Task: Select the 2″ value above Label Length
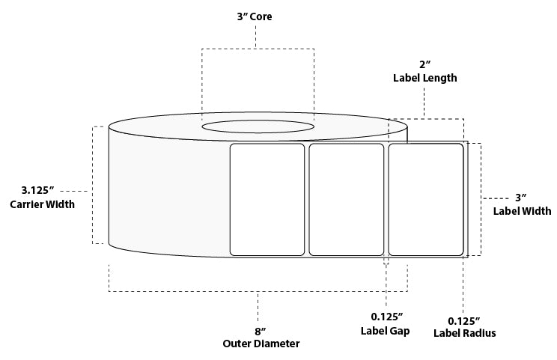point(424,65)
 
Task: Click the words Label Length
point(424,77)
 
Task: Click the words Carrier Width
point(42,204)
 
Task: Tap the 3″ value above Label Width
point(521,197)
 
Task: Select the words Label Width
point(521,210)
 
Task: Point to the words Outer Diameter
point(261,344)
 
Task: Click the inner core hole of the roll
point(258,125)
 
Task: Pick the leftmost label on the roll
point(267,199)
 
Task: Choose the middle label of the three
point(346,199)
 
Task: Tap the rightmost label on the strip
point(426,199)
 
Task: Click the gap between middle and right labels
point(386,199)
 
